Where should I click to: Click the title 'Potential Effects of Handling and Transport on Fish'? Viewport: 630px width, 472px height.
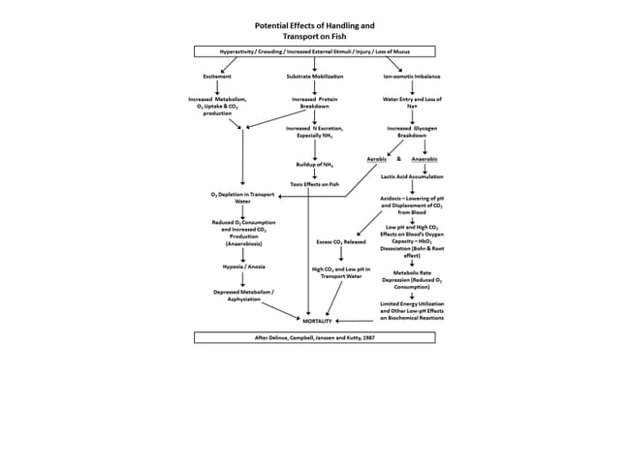314,31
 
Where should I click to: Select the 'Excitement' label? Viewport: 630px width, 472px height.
217,75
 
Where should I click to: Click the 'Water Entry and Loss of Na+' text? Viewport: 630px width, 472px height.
413,102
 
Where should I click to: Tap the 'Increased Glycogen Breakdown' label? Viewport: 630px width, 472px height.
413,132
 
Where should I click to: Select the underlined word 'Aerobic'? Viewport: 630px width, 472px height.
380,158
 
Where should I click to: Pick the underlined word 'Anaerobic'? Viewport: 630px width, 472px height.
425,158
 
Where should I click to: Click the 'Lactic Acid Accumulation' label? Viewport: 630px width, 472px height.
413,177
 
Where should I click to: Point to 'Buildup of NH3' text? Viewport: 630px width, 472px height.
313,165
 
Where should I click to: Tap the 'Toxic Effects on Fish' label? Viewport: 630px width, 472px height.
313,183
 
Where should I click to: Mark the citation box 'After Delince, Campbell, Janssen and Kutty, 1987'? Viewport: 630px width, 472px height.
314,337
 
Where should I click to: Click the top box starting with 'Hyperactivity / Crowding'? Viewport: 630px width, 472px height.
314,50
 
